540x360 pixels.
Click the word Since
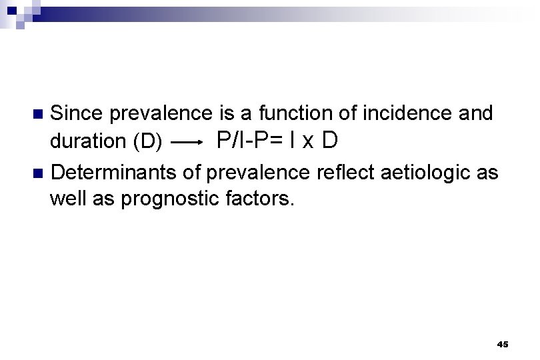click(78, 114)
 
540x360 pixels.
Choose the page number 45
click(503, 344)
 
